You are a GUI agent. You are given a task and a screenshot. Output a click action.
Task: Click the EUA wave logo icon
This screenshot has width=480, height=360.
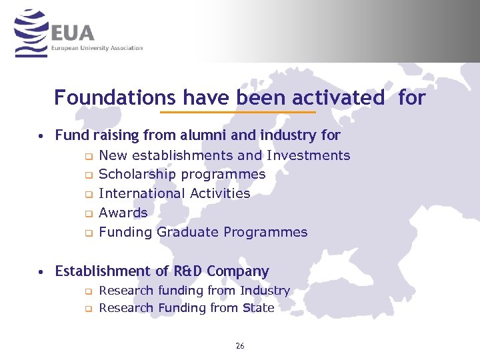coord(30,33)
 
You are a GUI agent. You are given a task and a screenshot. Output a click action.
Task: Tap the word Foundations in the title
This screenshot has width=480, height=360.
coord(115,98)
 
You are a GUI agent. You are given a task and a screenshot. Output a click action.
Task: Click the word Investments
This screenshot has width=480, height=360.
coord(308,155)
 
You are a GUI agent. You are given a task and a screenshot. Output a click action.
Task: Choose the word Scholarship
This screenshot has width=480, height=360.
coord(137,175)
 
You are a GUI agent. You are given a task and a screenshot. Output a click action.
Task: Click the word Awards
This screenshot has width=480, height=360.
coord(123,213)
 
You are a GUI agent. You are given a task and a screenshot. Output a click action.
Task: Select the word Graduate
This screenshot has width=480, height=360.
coord(188,233)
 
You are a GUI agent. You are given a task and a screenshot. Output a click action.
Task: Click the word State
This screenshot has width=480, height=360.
coord(259,308)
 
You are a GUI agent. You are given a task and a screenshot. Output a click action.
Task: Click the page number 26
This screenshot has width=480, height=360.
coord(240,346)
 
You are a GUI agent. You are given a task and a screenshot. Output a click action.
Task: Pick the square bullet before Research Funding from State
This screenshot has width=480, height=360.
coord(87,309)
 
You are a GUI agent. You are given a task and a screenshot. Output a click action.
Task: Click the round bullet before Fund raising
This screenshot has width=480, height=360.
coord(41,137)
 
